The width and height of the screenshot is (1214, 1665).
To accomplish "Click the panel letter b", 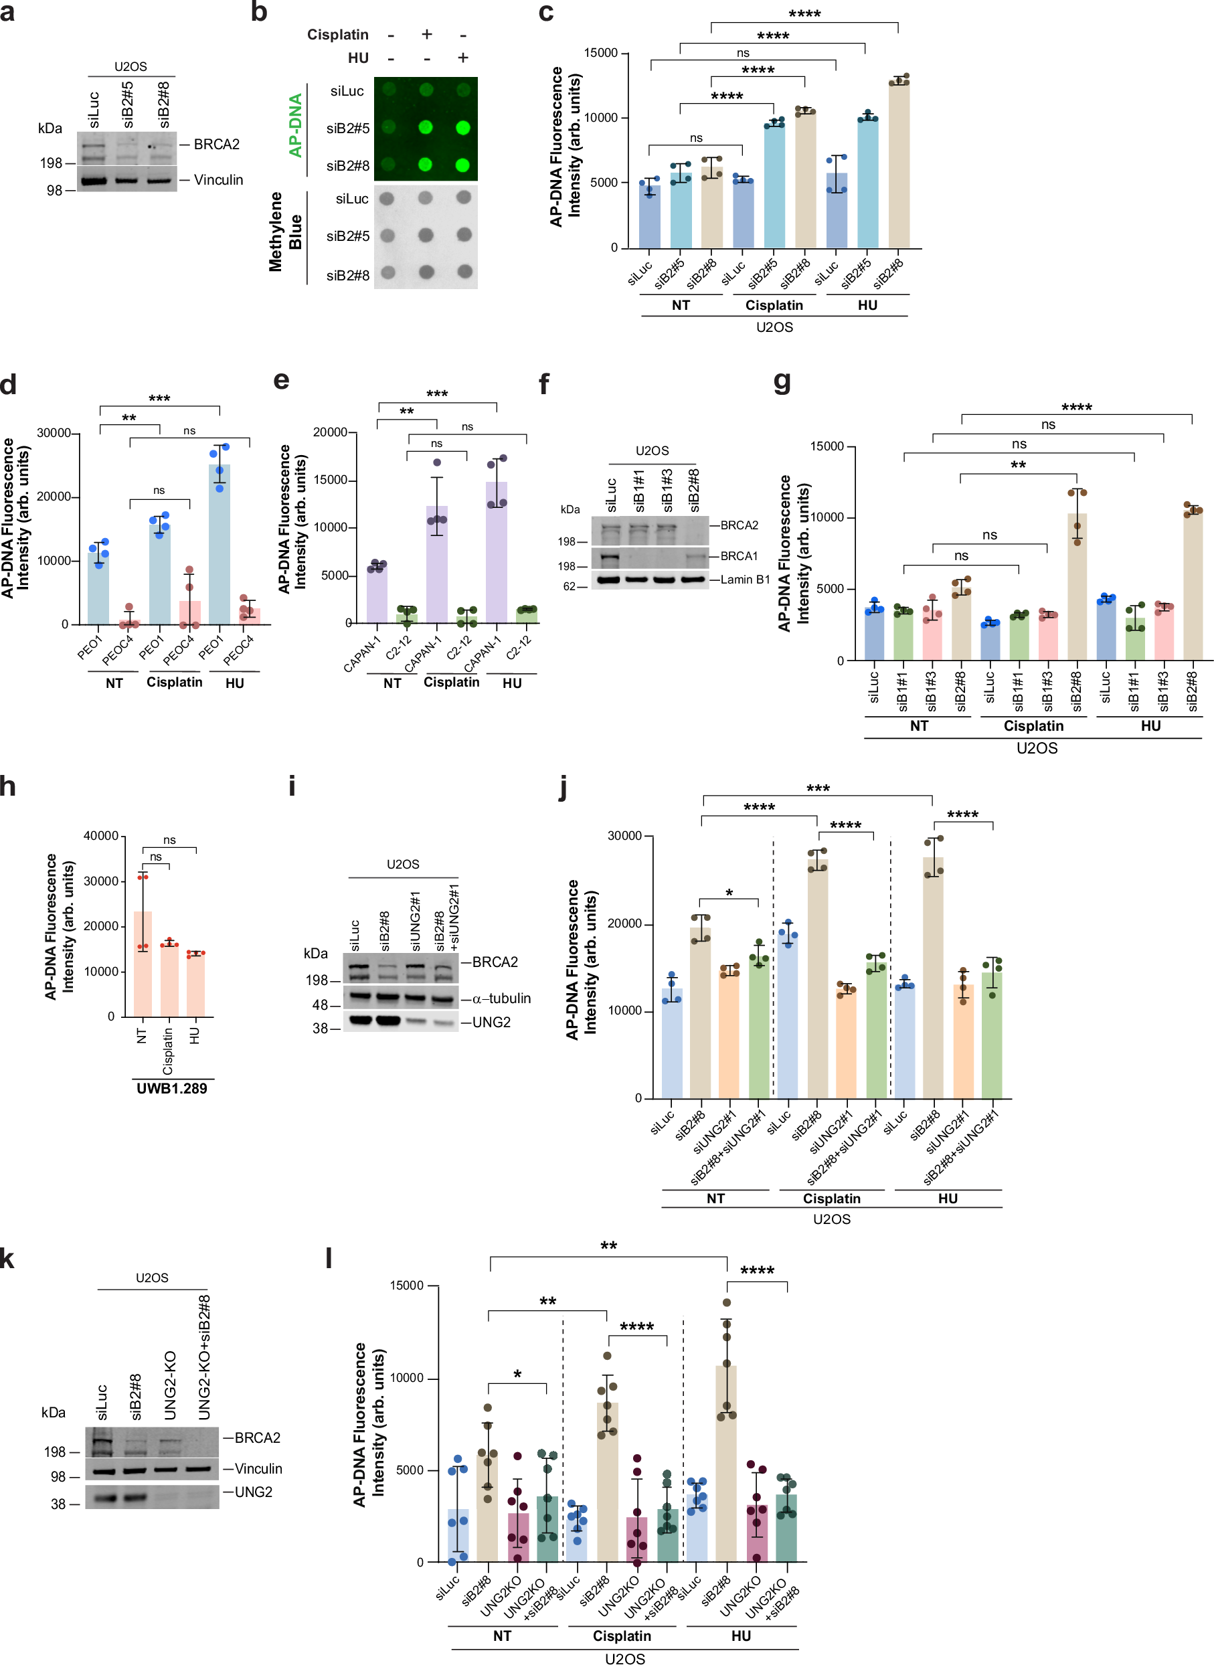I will [x=259, y=13].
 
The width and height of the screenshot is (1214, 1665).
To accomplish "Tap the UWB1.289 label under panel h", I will [x=171, y=1088].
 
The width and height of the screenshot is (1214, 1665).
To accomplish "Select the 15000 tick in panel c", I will [x=600, y=53].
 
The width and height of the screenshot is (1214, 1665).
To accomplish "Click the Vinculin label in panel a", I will [x=218, y=180].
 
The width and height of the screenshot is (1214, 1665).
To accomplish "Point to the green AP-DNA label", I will [x=295, y=125].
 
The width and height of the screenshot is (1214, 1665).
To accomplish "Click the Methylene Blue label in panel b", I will [x=285, y=232].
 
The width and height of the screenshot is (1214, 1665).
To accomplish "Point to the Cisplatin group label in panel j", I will [x=831, y=1199].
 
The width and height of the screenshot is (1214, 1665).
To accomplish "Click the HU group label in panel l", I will [x=741, y=1636].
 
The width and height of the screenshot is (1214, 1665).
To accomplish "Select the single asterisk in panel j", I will [x=729, y=893].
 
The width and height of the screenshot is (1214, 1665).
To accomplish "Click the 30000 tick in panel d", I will [x=54, y=434].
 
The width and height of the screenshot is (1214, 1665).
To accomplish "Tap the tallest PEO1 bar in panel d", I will [x=220, y=543].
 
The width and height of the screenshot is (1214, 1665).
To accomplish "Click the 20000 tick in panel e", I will [x=330, y=433].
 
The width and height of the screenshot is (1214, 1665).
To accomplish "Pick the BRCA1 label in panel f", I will [x=739, y=556].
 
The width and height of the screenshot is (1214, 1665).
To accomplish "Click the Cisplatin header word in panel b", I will [x=337, y=35].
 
